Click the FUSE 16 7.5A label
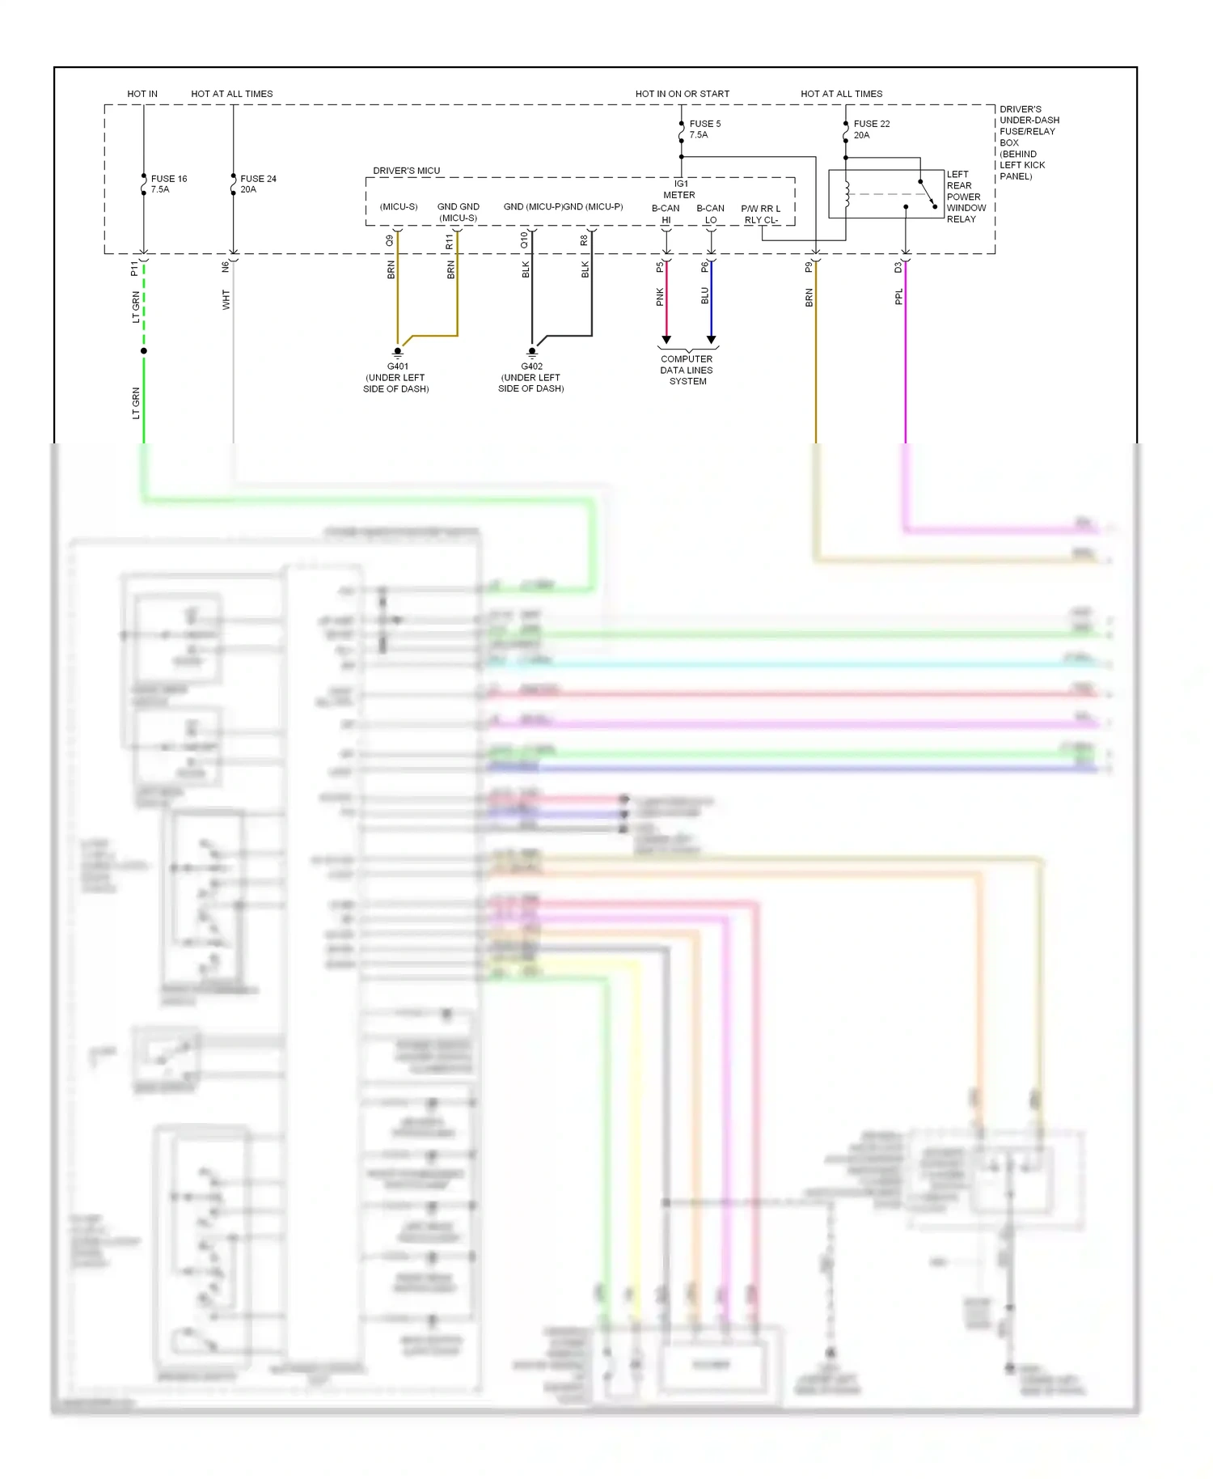tap(168, 184)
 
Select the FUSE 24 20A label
tap(258, 184)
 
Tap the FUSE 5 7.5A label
tap(704, 129)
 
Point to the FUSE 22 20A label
tap(871, 129)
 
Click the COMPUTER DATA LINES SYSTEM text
tap(687, 370)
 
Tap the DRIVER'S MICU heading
tap(406, 171)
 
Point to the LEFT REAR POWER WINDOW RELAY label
tap(966, 197)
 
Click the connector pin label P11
tap(135, 268)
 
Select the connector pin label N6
tap(226, 266)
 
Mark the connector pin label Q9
tap(390, 240)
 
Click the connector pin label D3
tap(898, 267)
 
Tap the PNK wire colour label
tap(660, 297)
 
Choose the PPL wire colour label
tap(898, 297)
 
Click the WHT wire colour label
tap(226, 299)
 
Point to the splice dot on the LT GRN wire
tap(144, 351)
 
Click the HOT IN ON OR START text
tap(682, 94)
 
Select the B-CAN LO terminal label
tap(710, 214)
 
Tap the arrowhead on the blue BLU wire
tap(711, 340)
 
